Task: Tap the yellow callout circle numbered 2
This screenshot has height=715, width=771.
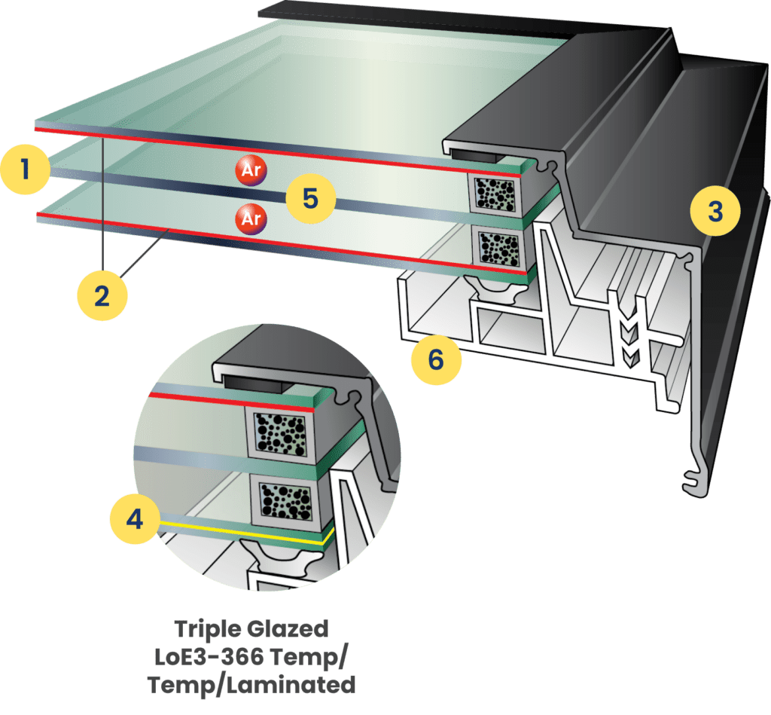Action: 102,295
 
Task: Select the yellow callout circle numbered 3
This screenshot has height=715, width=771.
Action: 716,211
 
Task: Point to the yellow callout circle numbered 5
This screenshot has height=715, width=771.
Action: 309,198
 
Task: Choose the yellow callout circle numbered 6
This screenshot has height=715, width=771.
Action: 436,359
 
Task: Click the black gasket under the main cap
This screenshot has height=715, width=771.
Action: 477,155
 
